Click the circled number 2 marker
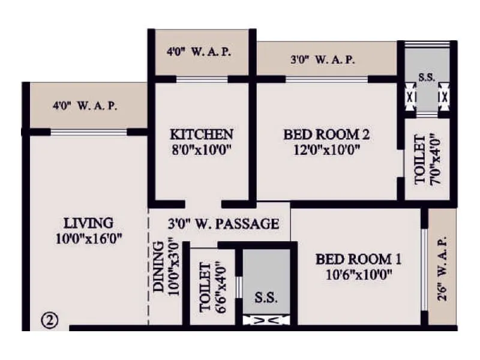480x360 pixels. tap(49, 320)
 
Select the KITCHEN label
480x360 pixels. tap(201, 134)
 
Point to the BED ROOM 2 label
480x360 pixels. tap(327, 134)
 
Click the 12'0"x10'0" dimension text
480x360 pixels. tap(327, 150)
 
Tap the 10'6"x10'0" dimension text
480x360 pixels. tap(359, 275)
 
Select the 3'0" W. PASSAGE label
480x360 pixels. tap(223, 224)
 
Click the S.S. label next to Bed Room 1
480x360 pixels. tap(266, 297)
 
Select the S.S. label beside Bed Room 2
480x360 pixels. tap(427, 77)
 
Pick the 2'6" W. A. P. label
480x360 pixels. tap(443, 262)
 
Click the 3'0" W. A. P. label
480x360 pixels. tap(323, 60)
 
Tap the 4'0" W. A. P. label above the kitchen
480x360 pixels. tap(200, 52)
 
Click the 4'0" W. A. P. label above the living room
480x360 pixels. tap(85, 106)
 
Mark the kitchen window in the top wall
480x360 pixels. tap(202, 79)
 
